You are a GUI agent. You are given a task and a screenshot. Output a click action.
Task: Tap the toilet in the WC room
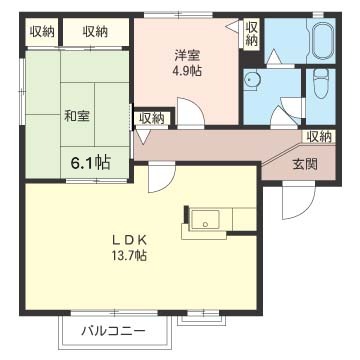321,83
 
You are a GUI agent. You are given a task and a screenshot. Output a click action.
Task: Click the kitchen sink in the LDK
205,220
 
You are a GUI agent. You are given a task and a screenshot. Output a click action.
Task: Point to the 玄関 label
304,164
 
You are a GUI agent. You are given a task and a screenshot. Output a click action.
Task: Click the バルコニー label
114,332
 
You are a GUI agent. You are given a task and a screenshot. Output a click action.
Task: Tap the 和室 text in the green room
77,116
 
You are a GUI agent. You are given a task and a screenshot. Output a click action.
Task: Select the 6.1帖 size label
90,163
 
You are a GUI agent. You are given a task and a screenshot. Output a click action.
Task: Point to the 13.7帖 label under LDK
130,256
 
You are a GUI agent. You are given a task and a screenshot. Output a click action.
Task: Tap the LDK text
130,240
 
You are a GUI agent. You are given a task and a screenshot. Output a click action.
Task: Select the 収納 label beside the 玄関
319,137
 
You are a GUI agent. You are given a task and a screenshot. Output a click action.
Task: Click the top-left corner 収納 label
42,32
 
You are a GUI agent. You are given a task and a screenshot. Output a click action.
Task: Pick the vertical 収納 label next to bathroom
252,33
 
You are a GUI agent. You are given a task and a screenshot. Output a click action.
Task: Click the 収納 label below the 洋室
152,119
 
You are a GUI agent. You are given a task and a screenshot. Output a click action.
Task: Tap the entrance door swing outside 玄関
298,200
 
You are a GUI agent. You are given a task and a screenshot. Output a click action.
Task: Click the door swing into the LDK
162,177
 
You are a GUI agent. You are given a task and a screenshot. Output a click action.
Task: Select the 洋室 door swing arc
190,111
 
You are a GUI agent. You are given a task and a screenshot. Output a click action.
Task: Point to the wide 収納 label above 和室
95,32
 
